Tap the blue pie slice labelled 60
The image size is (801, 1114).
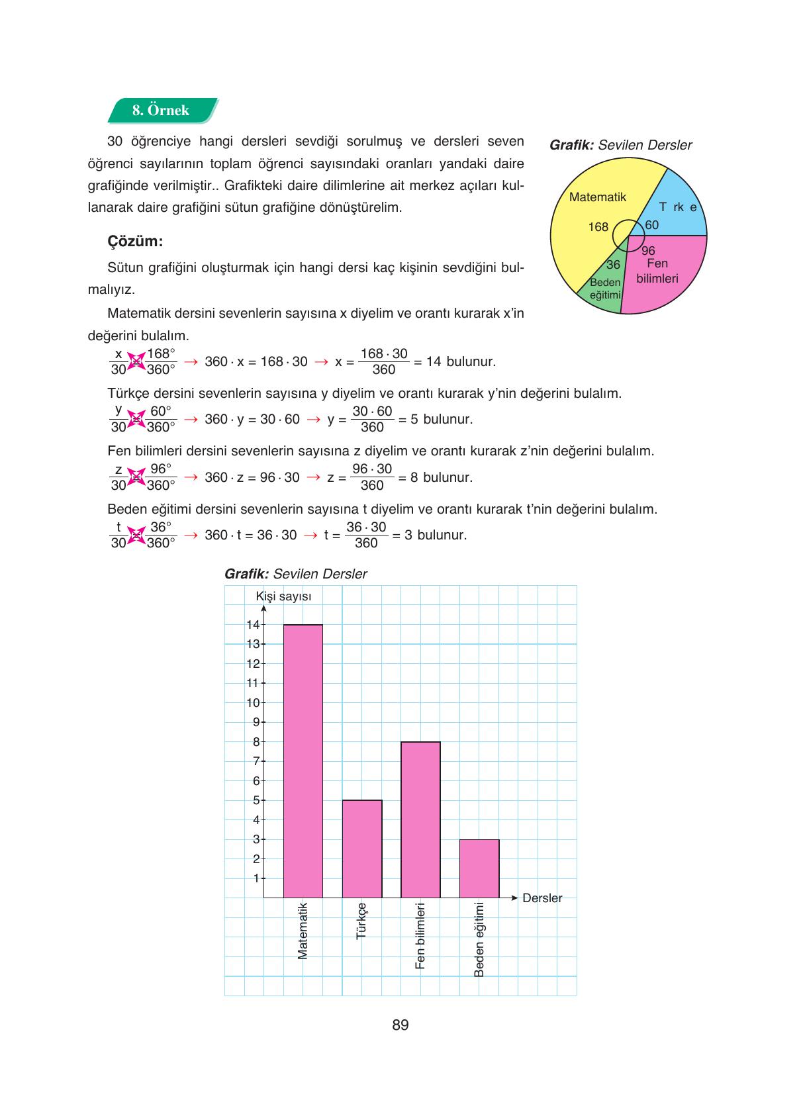[x=672, y=209]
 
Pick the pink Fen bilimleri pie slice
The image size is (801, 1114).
[x=662, y=278]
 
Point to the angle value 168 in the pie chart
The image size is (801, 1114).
[x=598, y=227]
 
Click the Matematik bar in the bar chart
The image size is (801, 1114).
[x=303, y=761]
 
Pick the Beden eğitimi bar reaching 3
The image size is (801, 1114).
[x=479, y=868]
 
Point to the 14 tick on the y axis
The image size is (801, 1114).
[x=253, y=624]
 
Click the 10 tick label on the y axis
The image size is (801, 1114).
[x=253, y=702]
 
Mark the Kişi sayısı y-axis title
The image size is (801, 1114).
[x=283, y=596]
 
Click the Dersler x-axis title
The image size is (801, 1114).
[x=542, y=898]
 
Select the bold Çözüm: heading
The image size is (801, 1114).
[x=135, y=241]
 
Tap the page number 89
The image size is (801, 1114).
[x=400, y=1025]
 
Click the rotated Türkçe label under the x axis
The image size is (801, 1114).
[x=361, y=921]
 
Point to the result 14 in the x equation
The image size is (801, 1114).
[x=434, y=362]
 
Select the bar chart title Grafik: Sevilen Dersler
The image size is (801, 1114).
[x=295, y=574]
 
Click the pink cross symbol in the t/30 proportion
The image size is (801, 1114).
[x=136, y=535]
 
